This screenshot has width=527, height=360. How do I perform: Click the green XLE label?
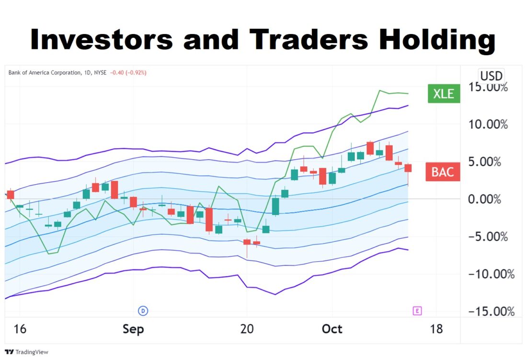pos(444,93)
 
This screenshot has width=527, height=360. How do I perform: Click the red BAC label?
pos(442,172)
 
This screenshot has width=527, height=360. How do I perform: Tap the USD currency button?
pos(491,76)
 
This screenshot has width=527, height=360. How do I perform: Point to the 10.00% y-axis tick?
pos(487,125)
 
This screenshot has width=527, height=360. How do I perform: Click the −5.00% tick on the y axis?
pos(487,237)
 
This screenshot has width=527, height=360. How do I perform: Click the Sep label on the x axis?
pos(133,329)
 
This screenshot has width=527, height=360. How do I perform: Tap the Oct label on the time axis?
pos(332,329)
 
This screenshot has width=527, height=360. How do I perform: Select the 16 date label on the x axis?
pos(20,329)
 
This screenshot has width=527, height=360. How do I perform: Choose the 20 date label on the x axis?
pos(247,329)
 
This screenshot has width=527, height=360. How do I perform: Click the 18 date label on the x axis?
pos(436,329)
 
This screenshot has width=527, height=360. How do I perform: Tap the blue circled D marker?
pos(143,311)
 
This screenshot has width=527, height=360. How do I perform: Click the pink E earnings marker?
pos(417,311)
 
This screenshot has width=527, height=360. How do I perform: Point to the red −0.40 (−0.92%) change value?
pos(128,73)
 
